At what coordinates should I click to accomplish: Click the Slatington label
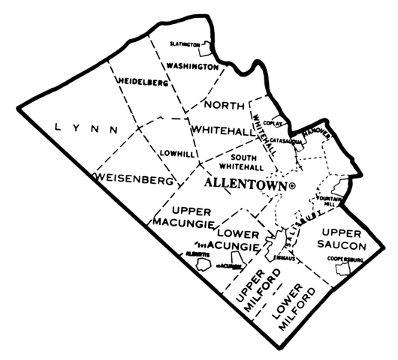point(184,44)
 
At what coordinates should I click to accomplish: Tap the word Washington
point(192,66)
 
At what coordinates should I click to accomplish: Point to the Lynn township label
point(83,128)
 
